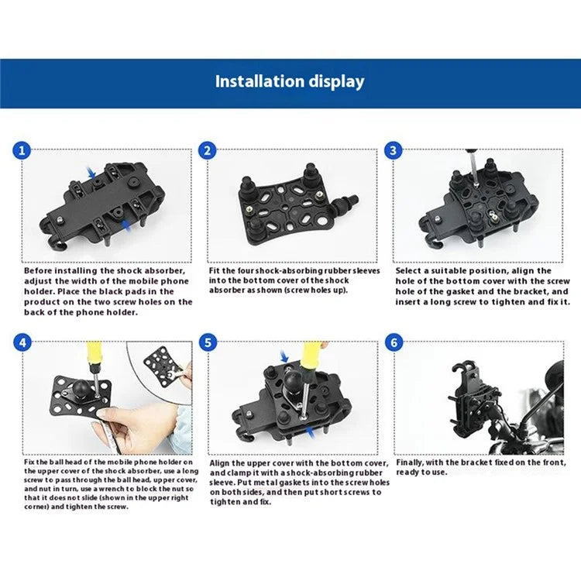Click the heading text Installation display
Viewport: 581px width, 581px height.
click(x=290, y=81)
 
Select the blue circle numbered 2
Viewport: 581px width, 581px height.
click(x=207, y=150)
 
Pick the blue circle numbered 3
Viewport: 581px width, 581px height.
click(x=394, y=150)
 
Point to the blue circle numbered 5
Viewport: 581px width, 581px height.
click(x=207, y=341)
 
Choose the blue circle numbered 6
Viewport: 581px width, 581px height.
click(x=394, y=341)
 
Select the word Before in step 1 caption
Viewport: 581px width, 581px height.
click(x=40, y=271)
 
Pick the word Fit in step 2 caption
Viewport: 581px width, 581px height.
click(x=215, y=271)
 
